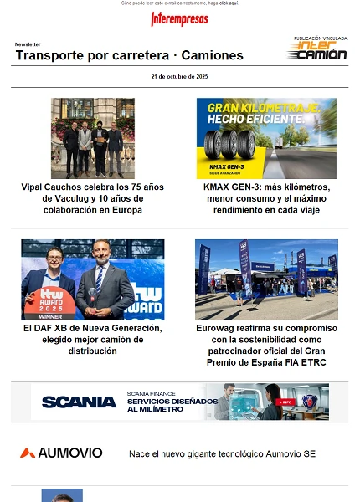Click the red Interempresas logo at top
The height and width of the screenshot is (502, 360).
click(179, 19)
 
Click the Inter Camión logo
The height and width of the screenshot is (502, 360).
click(317, 52)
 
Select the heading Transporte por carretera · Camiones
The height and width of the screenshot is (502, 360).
click(129, 55)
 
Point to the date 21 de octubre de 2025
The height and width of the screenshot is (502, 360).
click(179, 77)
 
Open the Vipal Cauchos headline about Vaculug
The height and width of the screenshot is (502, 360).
click(92, 198)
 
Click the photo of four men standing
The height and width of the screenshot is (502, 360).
click(92, 138)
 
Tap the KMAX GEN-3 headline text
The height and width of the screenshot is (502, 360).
click(266, 198)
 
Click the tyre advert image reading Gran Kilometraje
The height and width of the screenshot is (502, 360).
click(266, 138)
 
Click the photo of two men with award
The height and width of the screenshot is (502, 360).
click(92, 279)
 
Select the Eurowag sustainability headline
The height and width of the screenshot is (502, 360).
click(266, 346)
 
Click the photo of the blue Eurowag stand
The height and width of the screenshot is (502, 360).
click(266, 279)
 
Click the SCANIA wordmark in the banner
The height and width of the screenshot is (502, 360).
click(79, 402)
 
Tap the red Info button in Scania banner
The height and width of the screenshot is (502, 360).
click(285, 402)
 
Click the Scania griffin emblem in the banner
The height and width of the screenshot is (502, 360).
click(314, 402)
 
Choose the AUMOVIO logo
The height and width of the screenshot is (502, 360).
click(61, 453)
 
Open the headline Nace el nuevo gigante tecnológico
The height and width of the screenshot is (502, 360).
click(222, 453)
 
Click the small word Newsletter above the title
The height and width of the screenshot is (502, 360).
click(28, 44)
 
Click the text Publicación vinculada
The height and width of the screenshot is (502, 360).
click(321, 38)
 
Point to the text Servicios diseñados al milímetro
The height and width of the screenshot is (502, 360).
click(166, 405)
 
